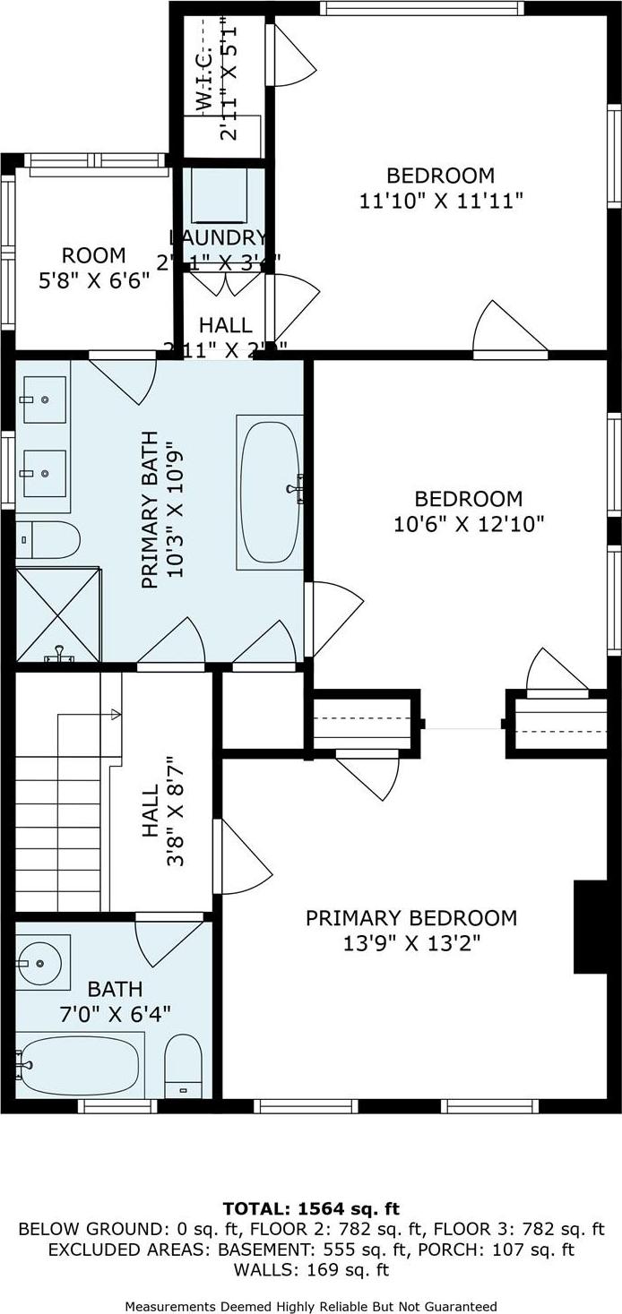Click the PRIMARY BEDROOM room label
[410, 918]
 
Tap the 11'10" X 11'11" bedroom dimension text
[440, 201]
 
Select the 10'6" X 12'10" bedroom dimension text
[469, 524]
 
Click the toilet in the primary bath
[49, 540]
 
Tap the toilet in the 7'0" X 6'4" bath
[184, 1066]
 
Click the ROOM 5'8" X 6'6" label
[94, 267]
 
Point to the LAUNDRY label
[218, 237]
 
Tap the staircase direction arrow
[115, 714]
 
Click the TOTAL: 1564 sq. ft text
[310, 1209]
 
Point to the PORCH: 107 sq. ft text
[515, 1250]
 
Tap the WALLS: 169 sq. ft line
[310, 1270]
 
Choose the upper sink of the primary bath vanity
[44, 399]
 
